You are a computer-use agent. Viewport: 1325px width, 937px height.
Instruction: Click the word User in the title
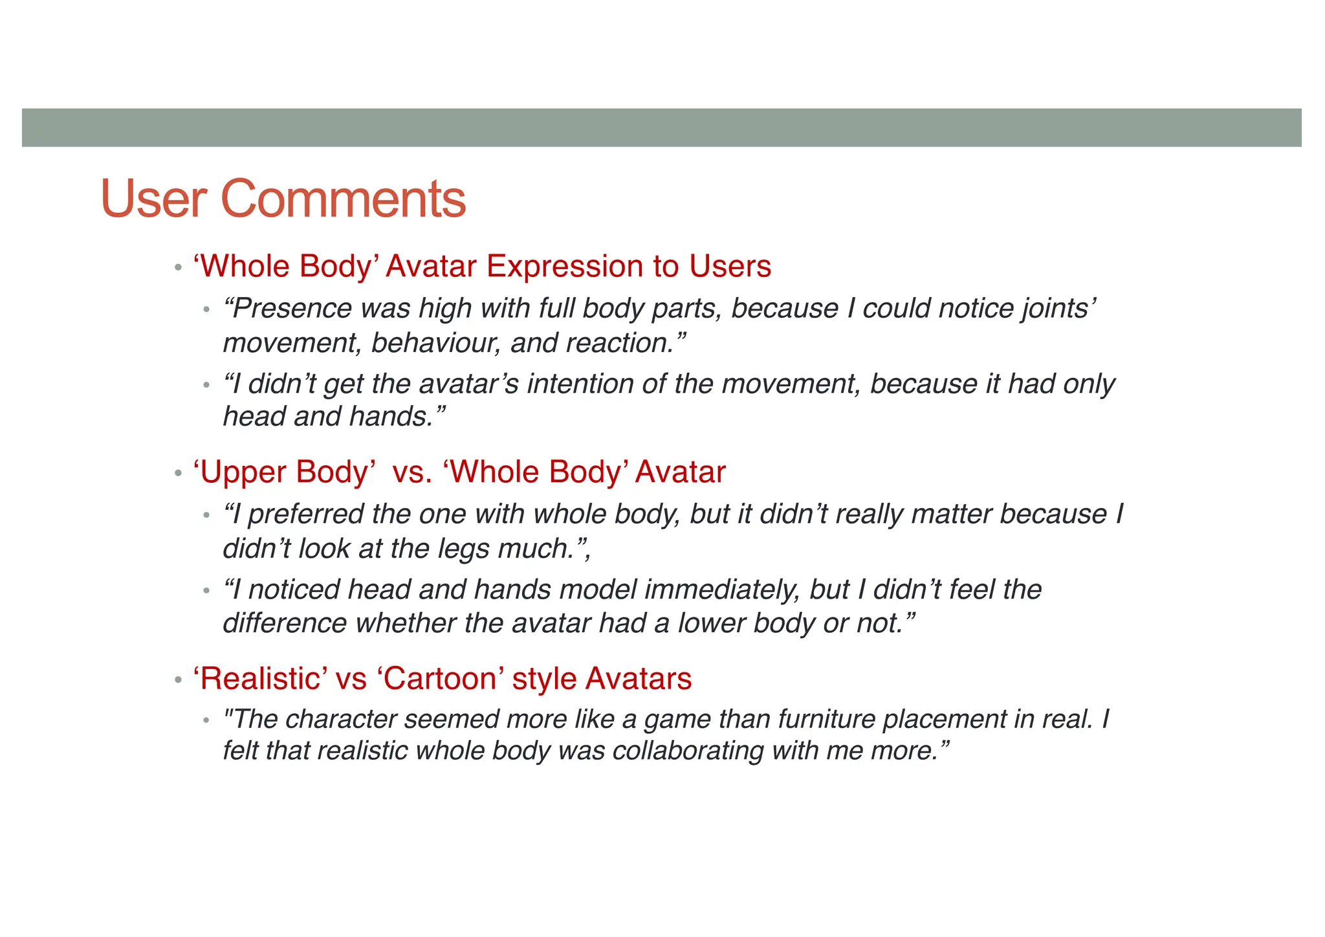pos(154,199)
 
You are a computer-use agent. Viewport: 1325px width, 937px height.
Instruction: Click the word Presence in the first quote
pos(287,309)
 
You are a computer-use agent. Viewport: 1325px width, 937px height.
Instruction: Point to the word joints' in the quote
pos(1059,309)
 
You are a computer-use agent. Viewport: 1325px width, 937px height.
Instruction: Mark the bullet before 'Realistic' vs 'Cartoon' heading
pos(178,680)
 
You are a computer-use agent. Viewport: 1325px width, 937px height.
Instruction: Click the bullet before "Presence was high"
pos(206,310)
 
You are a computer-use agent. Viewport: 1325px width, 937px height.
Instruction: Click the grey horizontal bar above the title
pos(661,127)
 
